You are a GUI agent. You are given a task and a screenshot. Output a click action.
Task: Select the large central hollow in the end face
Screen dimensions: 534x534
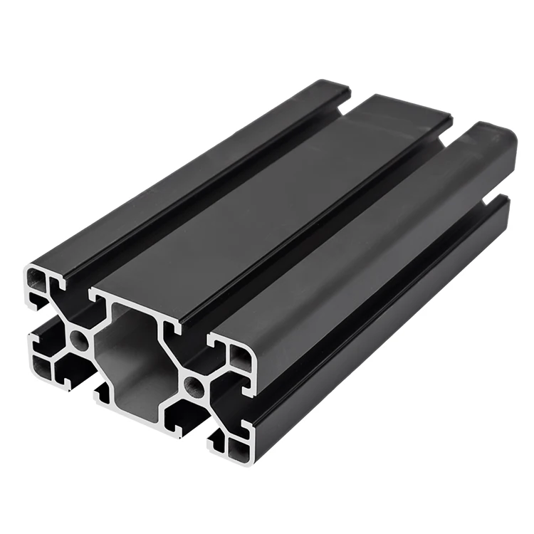(135, 356)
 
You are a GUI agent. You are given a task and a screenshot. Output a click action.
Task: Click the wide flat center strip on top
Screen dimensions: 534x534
(285, 192)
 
